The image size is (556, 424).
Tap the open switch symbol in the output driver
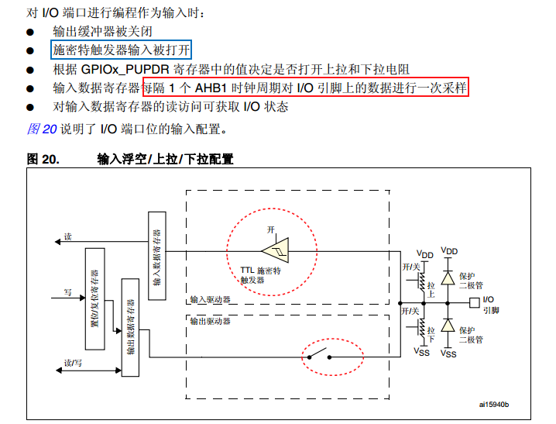tap(319, 357)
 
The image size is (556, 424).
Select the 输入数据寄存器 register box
tap(156, 257)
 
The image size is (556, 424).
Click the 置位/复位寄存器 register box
tap(94, 298)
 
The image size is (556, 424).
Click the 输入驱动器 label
tap(210, 299)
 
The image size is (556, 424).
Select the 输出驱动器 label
tap(210, 319)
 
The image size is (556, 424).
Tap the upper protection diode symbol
tap(448, 276)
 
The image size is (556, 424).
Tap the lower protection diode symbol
tap(448, 326)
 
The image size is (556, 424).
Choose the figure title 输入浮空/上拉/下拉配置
tap(165, 159)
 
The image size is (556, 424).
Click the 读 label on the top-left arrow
tap(68, 236)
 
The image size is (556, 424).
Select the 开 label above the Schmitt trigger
tap(271, 230)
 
